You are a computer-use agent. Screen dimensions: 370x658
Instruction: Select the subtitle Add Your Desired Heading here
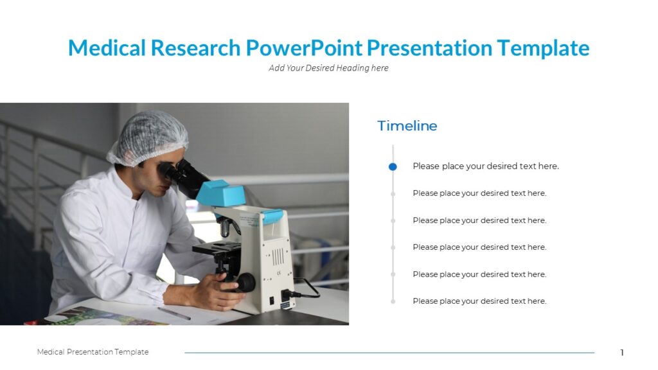coord(328,68)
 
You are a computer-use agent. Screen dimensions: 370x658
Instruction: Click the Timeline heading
coord(407,126)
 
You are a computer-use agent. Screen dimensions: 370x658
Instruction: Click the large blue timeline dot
coord(393,166)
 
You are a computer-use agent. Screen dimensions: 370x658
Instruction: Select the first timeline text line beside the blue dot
coord(485,166)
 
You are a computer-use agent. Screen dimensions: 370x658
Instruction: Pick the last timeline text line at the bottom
coord(479,301)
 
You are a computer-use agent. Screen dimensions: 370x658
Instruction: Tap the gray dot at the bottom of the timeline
coord(393,301)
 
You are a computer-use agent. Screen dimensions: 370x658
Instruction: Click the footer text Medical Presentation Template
coord(93,352)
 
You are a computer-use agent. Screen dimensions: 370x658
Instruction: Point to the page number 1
coord(621,353)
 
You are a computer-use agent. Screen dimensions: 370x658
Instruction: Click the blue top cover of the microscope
coord(220,192)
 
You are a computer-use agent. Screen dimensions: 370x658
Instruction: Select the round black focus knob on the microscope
coord(245,283)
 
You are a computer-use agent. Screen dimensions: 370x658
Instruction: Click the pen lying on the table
coord(174,313)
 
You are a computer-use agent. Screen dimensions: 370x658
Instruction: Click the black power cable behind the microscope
coord(308,288)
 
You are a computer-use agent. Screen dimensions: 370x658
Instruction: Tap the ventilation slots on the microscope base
coord(277,256)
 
